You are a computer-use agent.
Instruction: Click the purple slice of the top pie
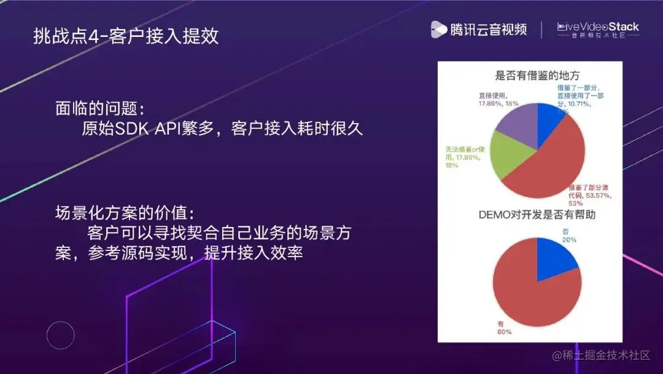coord(516,126)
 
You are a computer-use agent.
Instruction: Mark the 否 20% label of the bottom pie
coord(568,236)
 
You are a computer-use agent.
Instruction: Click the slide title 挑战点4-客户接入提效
coord(126,36)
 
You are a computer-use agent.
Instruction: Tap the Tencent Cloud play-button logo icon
coord(438,29)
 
